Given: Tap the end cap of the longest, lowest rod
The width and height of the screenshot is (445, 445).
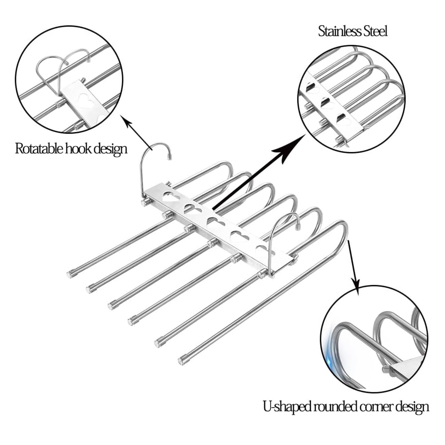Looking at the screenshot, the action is (183, 360).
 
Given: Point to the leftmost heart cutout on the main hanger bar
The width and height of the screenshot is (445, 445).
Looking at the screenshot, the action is (172, 197).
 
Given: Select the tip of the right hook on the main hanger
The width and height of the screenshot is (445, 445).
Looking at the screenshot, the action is (298, 229).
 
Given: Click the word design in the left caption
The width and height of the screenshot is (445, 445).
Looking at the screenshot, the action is (110, 149).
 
